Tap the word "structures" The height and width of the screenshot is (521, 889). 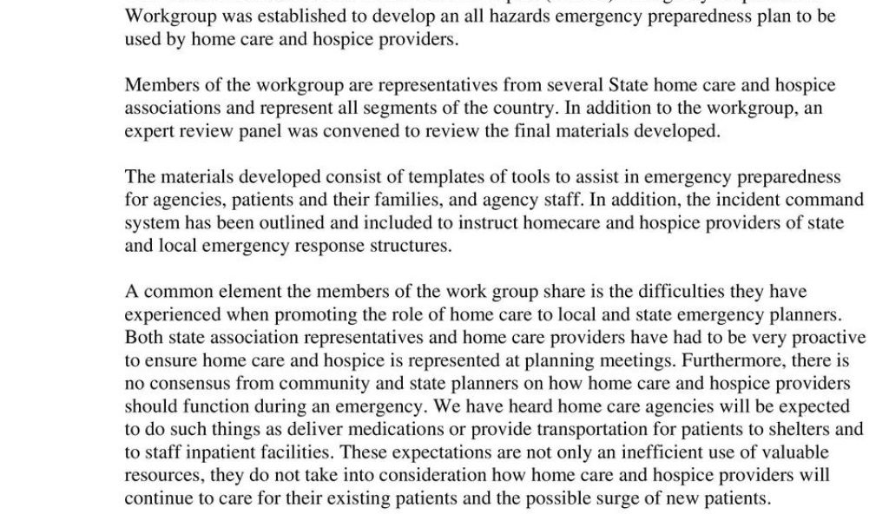[x=408, y=245]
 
